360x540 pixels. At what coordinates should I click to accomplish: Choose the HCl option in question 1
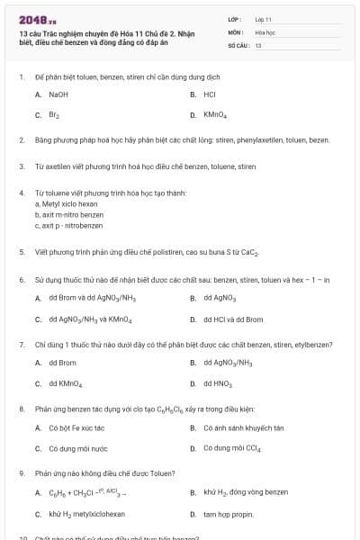(209, 94)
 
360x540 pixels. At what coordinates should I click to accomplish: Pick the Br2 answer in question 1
(54, 115)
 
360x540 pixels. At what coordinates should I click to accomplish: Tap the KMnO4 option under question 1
(215, 115)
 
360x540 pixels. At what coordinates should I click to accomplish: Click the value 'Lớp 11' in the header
(263, 18)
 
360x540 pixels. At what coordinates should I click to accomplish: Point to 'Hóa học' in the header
(265, 31)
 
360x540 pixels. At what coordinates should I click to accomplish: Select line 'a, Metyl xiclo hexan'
(66, 204)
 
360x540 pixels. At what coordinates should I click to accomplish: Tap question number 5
(21, 253)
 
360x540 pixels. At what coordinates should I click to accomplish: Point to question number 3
(21, 166)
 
